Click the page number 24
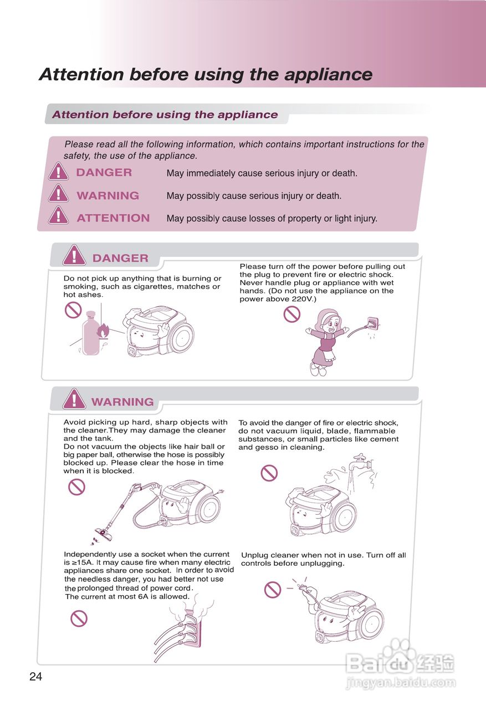click(35, 677)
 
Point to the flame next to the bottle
click(103, 331)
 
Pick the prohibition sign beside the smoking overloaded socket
click(79, 618)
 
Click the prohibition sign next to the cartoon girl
click(291, 314)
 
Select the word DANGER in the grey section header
click(120, 258)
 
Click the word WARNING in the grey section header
click(122, 402)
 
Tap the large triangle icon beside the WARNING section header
click(74, 399)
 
